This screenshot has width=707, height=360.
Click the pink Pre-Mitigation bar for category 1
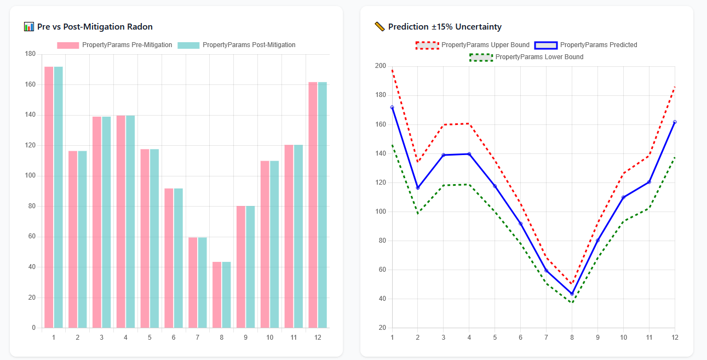[x=49, y=197]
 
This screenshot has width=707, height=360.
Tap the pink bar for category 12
[x=313, y=205]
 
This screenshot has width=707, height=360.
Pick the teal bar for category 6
[x=179, y=258]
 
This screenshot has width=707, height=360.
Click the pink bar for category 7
[x=193, y=283]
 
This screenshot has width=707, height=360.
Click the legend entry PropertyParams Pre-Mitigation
[x=114, y=45]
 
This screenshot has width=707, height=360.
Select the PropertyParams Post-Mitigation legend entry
[x=237, y=45]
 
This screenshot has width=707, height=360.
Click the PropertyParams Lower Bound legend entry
[x=527, y=57]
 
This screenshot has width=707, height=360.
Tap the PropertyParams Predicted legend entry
[x=585, y=45]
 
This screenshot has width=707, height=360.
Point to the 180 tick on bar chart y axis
[x=30, y=54]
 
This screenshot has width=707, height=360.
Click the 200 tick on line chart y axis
[x=380, y=66]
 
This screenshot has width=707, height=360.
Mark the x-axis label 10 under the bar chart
[x=270, y=338]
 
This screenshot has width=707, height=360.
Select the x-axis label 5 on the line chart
[x=495, y=338]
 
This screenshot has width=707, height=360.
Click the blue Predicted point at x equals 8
[x=572, y=294]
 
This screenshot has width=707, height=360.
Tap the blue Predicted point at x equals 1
[x=392, y=107]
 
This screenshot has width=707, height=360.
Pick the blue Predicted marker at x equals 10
[x=623, y=197]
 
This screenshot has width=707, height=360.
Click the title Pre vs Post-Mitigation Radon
[x=95, y=27]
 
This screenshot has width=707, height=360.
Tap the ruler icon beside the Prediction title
[x=379, y=26]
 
